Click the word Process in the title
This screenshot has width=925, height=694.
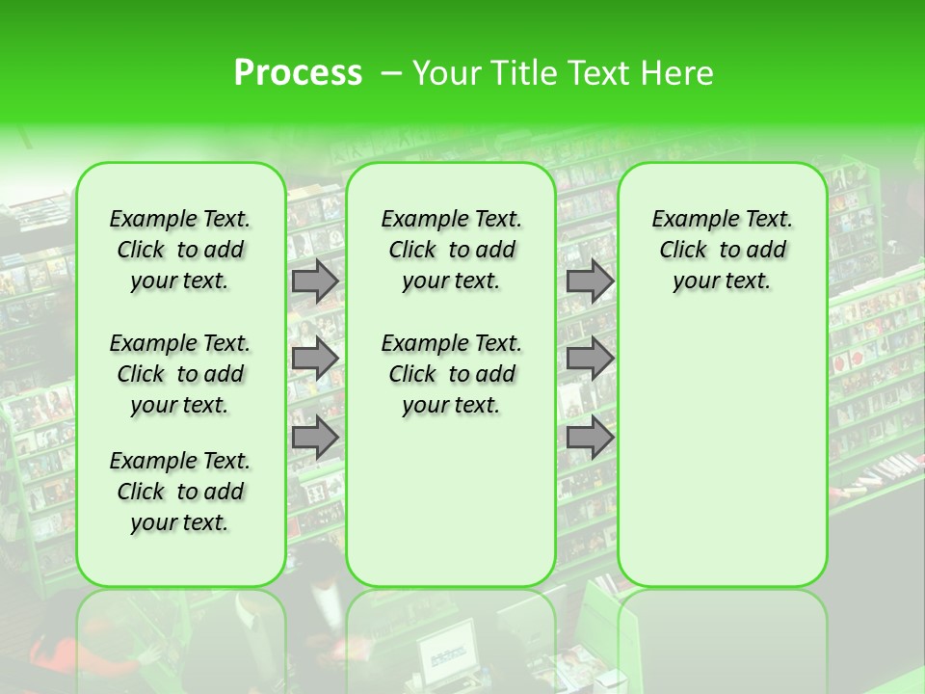(x=298, y=73)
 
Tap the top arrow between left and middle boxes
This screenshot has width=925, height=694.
(x=315, y=280)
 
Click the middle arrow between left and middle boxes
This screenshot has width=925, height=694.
(x=315, y=359)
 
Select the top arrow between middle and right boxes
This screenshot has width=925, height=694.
(x=590, y=280)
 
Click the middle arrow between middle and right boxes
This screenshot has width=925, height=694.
(x=590, y=359)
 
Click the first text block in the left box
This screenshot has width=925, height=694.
(x=180, y=250)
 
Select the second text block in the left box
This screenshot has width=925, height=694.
(x=180, y=374)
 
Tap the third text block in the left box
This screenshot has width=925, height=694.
(x=180, y=492)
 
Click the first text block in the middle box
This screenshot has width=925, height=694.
(x=451, y=250)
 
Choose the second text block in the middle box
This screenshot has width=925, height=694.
(x=451, y=374)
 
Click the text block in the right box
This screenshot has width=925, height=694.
(x=722, y=250)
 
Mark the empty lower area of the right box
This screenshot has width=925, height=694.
(x=722, y=453)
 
